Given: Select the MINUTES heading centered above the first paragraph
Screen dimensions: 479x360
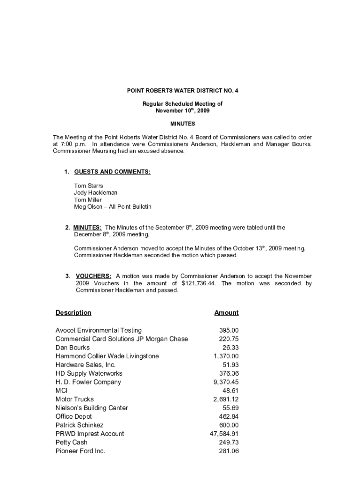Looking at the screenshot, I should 182,124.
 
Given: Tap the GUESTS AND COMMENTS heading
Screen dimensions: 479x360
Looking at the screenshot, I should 112,172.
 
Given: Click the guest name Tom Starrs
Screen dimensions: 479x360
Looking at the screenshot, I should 88,186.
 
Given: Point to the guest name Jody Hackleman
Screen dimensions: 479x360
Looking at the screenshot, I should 95,193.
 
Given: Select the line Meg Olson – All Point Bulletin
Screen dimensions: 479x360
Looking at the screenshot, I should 112,207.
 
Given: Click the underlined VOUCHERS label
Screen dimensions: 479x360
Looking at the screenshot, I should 94,276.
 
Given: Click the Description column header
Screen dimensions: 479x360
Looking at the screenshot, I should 73,312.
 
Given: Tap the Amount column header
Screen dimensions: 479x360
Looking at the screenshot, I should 226,312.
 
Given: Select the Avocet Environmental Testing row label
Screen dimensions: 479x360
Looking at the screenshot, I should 98,330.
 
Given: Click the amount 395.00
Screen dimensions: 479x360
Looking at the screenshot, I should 229,330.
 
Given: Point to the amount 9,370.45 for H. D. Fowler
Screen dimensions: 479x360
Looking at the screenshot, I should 226,382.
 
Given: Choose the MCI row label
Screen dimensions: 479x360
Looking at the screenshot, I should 62,391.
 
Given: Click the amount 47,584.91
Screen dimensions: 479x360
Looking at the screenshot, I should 224,434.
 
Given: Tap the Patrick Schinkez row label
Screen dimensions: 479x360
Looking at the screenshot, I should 79,425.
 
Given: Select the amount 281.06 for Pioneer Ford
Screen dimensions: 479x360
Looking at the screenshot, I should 229,451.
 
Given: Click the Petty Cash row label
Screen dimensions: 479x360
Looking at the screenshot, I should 72,443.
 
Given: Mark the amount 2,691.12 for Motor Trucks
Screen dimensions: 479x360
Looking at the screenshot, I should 226,399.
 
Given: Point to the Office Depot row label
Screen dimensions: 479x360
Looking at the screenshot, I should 73,416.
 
